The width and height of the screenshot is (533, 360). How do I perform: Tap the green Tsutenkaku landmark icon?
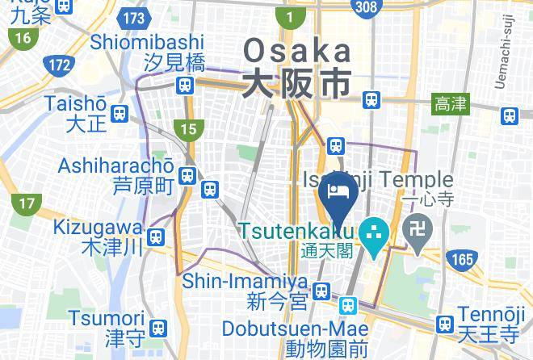[x=372, y=232]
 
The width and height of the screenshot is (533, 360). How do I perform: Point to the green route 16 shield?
[x=21, y=38]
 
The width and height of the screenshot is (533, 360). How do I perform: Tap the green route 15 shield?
[x=188, y=128]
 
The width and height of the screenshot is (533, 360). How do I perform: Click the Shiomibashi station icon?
[x=187, y=84]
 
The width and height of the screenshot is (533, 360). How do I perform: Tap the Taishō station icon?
[x=120, y=113]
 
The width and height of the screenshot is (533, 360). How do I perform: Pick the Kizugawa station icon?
[x=157, y=237]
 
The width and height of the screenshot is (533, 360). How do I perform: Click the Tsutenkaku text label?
[x=296, y=231]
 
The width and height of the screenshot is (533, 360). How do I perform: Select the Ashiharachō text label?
[x=116, y=166]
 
